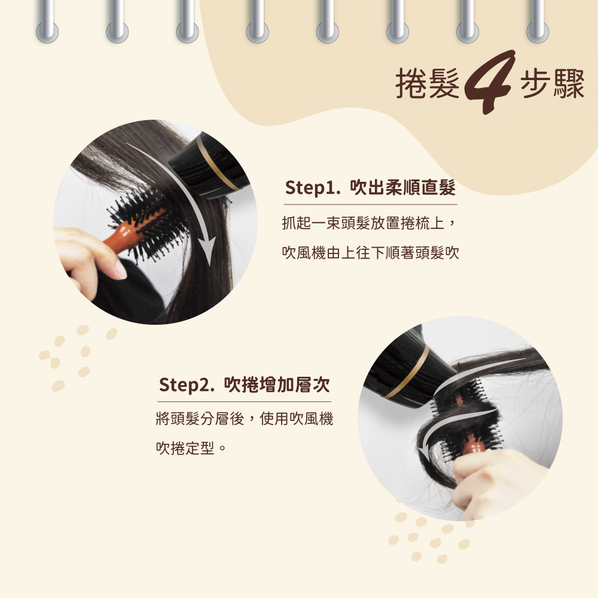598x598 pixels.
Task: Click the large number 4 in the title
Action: coord(489,81)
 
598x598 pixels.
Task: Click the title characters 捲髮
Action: coord(427,84)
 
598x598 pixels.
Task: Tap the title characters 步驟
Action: coord(552,84)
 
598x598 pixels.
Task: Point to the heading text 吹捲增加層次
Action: coord(277,384)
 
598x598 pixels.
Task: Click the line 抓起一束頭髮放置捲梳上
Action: coord(364,223)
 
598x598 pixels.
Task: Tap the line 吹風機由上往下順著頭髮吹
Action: coord(370,252)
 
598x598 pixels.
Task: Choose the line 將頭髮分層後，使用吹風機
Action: coord(245,419)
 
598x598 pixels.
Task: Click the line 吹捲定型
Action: coord(185,448)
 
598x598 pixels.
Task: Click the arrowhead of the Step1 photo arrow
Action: coord(208,250)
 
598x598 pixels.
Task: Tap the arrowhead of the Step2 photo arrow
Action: coord(423,451)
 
